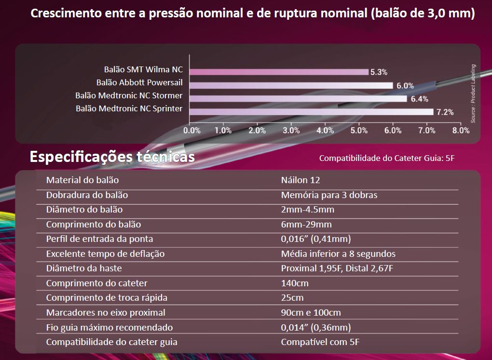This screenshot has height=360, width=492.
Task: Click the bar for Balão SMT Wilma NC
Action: pyautogui.click(x=279, y=72)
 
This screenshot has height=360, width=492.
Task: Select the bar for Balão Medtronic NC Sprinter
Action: pyautogui.click(x=311, y=112)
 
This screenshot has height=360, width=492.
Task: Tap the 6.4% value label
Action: pyautogui.click(x=419, y=99)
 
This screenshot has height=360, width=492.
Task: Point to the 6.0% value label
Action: pyautogui.click(x=405, y=85)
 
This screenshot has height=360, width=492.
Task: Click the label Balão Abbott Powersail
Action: pyautogui.click(x=139, y=82)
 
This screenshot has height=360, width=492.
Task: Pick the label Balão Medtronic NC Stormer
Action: pyautogui.click(x=129, y=95)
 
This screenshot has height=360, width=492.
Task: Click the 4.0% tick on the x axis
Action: pyautogui.click(x=325, y=130)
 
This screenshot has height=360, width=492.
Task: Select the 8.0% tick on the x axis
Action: pyautogui.click(x=460, y=130)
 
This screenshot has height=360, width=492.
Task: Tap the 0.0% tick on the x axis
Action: pyautogui.click(x=191, y=130)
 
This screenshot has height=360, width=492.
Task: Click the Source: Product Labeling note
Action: pyautogui.click(x=473, y=93)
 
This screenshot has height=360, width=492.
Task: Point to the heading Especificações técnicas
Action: pyautogui.click(x=112, y=157)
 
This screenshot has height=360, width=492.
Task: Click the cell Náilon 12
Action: pyautogui.click(x=301, y=180)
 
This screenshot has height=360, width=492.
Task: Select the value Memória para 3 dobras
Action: pyautogui.click(x=329, y=195)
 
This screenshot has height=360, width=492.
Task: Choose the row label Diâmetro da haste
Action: pyautogui.click(x=84, y=268)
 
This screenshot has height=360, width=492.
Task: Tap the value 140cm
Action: pyautogui.click(x=295, y=283)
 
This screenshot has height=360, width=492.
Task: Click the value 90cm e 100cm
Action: pyautogui.click(x=311, y=313)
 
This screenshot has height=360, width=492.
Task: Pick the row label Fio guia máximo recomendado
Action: pyautogui.click(x=109, y=328)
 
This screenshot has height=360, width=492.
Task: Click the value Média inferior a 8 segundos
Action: pyautogui.click(x=338, y=253)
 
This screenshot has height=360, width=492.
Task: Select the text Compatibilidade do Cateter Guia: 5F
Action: pyautogui.click(x=387, y=158)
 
